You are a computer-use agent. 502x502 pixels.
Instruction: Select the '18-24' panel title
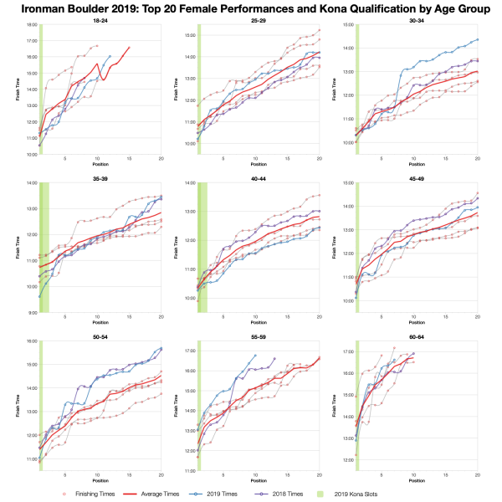coord(100,20)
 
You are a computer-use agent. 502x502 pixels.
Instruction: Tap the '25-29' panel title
coord(258,20)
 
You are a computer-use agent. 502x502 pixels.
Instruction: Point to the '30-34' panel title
coord(416,20)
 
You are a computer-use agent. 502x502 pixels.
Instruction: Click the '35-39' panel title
coord(100,177)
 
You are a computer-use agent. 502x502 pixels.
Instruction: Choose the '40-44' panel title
coord(258,177)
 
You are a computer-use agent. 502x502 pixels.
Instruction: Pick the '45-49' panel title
coord(416,177)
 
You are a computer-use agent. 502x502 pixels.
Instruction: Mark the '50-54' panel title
coord(100,336)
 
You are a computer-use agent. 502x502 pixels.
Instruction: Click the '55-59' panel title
coord(258,336)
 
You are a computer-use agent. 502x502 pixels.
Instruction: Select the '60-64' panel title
coord(416,336)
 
